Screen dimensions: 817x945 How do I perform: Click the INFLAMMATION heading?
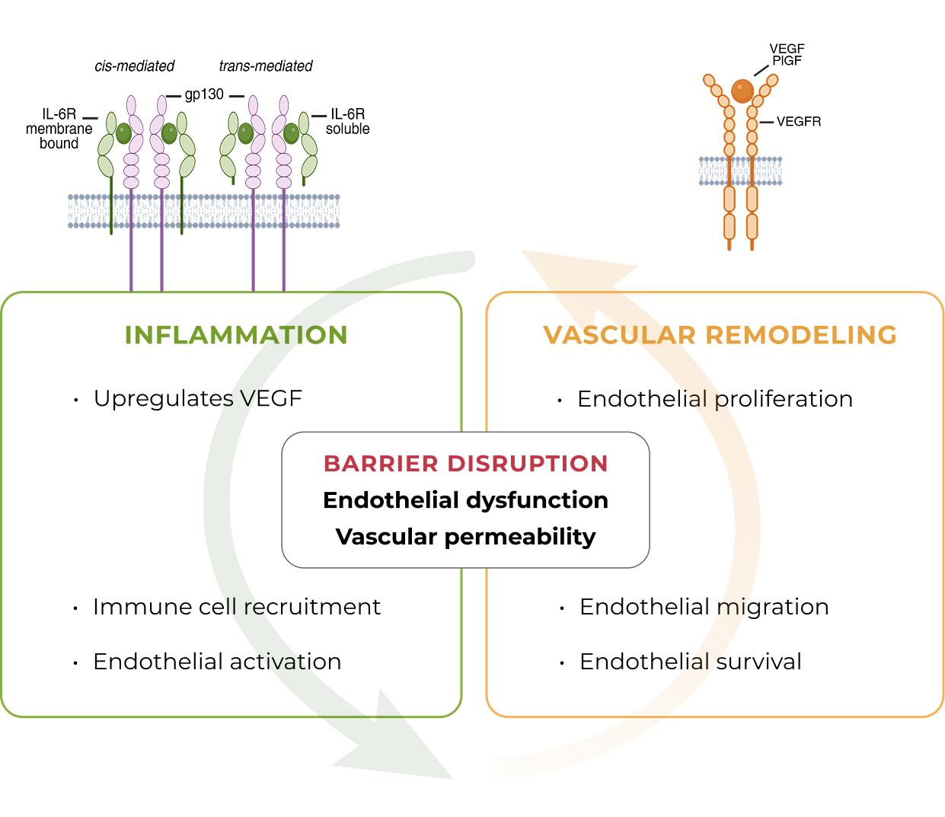pos(236,335)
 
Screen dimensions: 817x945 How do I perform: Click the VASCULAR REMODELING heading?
pos(720,335)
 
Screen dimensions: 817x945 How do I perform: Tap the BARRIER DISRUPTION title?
pos(465,464)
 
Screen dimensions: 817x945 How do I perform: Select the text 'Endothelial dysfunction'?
pos(465,500)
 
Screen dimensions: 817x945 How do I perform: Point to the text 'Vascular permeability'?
pos(465,537)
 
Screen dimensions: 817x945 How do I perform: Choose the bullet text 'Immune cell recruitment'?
pos(236,607)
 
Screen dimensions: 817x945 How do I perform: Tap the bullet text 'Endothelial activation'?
pos(217,662)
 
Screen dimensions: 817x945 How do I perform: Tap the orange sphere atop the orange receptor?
pos(742,91)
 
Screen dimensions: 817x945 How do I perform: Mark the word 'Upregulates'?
pos(163,399)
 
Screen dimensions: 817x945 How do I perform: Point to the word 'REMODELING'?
pos(801,335)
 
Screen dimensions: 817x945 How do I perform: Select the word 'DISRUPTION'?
pos(527,464)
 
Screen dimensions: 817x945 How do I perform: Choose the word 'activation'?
pos(286,662)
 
